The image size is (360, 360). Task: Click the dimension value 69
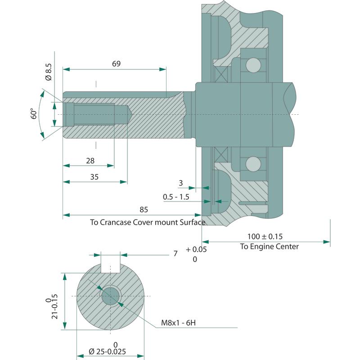(116, 64)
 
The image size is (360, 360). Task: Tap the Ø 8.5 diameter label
(49, 72)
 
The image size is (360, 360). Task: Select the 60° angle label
(33, 113)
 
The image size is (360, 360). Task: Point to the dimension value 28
(90, 161)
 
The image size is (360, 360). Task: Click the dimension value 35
(94, 177)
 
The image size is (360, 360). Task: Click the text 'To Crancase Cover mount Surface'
(148, 222)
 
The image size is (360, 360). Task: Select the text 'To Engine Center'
(269, 246)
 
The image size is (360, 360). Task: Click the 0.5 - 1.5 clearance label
(176, 197)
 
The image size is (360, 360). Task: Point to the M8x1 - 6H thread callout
(178, 323)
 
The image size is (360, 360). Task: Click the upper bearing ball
(252, 64)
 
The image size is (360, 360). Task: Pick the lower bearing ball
(252, 163)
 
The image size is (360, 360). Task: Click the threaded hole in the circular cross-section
(111, 296)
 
